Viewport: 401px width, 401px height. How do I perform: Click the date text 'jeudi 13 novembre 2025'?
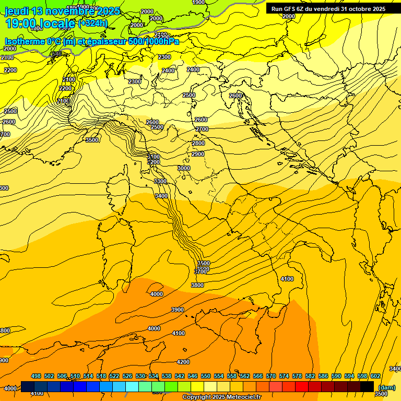[x=62, y=11]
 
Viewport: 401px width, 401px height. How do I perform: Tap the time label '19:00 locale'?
[x=40, y=23]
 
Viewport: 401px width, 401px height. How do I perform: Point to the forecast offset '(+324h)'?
[x=92, y=23]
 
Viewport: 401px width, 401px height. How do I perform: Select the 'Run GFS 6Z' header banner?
[x=328, y=9]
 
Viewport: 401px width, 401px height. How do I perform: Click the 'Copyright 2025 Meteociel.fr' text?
[x=221, y=397]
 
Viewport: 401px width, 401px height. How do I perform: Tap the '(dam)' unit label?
[x=386, y=387]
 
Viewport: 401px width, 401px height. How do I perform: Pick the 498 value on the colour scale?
[x=36, y=376]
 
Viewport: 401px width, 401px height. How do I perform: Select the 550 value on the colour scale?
[x=206, y=376]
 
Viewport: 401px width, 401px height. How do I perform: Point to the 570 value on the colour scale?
[x=271, y=376]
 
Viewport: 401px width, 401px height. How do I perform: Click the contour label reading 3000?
[x=184, y=168]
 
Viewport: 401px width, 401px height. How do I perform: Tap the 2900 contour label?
[x=198, y=154]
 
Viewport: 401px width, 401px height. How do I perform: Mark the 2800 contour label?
[x=198, y=143]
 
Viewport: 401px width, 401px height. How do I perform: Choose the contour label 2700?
[x=202, y=129]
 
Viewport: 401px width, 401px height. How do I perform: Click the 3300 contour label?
[x=160, y=181]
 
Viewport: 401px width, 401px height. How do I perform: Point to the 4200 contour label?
[x=183, y=362]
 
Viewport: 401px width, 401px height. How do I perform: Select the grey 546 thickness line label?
[x=56, y=54]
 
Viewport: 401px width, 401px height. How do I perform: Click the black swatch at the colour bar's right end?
[x=367, y=386]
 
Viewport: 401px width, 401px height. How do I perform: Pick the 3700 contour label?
[x=200, y=272]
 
